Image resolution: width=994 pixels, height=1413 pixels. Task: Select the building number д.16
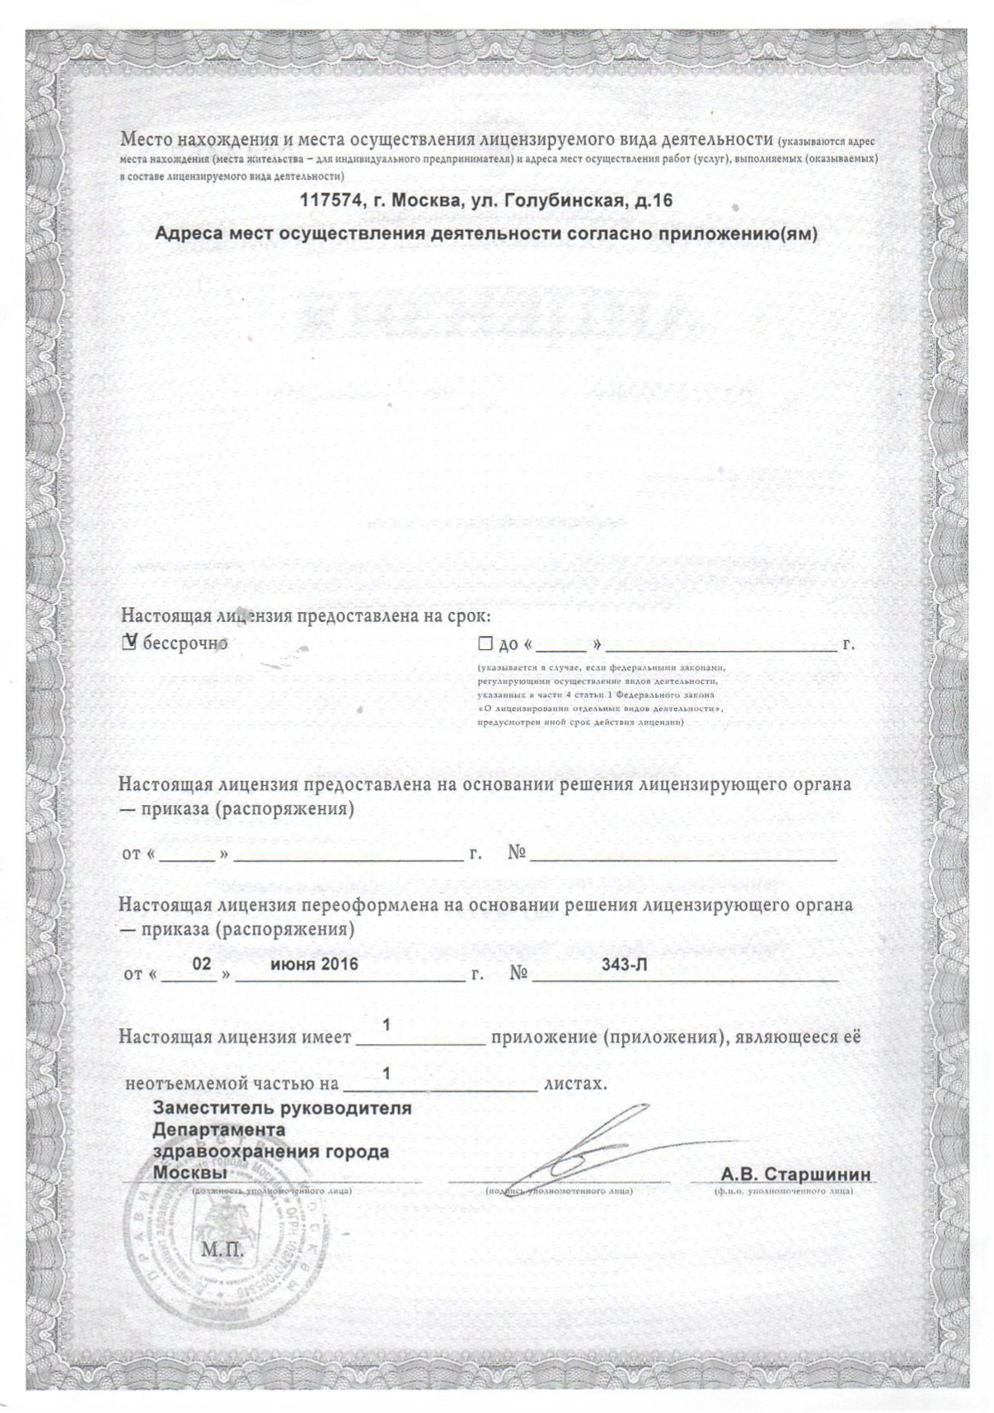(x=649, y=200)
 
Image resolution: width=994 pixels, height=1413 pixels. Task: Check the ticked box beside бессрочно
(x=129, y=643)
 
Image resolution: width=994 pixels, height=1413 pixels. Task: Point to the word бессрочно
(x=185, y=643)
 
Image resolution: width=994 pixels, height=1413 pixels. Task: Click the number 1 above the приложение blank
(x=386, y=1025)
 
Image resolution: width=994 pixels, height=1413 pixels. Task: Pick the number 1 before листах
(x=386, y=1074)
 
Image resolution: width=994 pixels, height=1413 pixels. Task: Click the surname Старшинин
(x=816, y=1173)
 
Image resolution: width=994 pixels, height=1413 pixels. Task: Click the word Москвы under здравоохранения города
(x=190, y=1172)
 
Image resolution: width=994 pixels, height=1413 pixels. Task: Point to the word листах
(x=575, y=1082)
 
